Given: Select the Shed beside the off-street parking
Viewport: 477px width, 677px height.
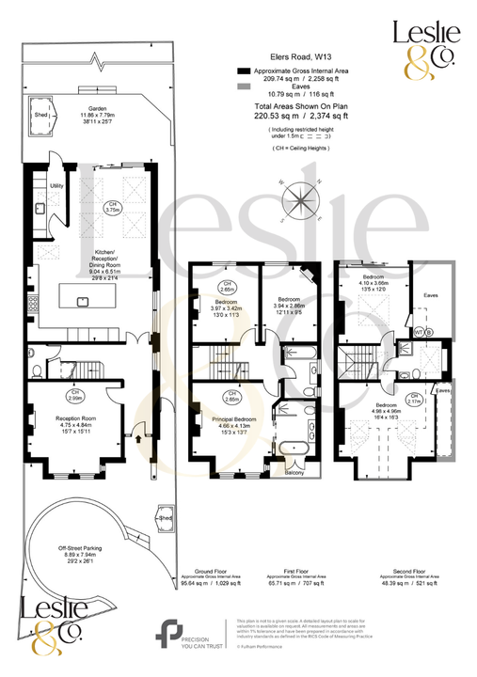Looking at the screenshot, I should (x=166, y=518).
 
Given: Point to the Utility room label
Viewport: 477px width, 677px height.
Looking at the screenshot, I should (x=56, y=186).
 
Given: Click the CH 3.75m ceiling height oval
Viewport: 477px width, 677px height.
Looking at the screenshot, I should (x=112, y=209).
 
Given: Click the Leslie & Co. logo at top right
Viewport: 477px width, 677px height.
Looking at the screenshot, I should (x=423, y=47).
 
